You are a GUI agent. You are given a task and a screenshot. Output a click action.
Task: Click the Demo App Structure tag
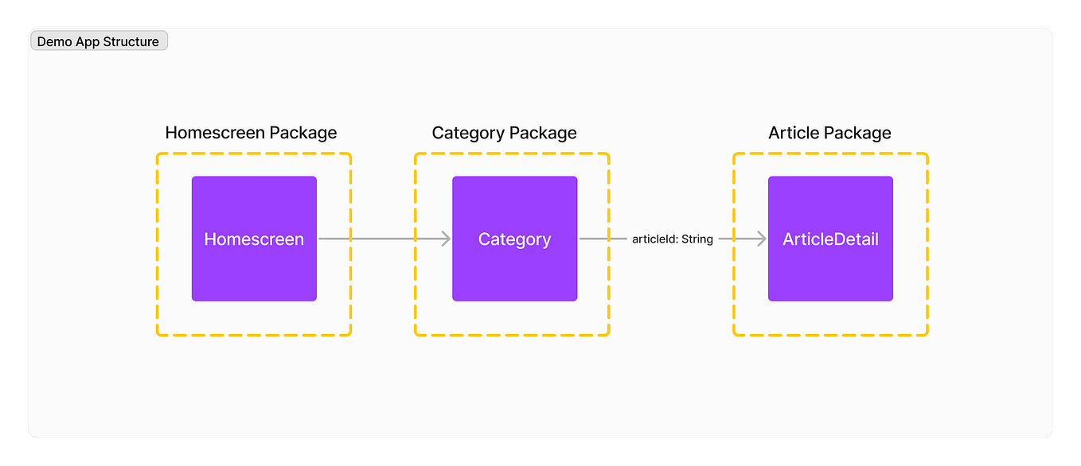(x=99, y=41)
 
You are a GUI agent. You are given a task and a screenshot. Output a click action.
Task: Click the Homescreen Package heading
(x=251, y=133)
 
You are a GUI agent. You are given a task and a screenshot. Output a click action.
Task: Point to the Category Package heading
(x=504, y=133)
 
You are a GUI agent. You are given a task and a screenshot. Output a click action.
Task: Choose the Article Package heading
(x=829, y=133)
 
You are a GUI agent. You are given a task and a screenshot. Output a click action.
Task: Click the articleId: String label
(x=672, y=239)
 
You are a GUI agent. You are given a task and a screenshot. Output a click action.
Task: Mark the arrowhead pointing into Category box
(x=445, y=239)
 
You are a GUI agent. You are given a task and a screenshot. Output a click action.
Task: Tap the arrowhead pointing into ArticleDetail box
(x=760, y=239)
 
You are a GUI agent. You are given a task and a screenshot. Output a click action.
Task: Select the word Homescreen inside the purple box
(x=254, y=239)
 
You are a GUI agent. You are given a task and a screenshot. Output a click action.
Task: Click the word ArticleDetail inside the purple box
(x=830, y=239)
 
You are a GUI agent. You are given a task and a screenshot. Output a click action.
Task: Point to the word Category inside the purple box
(x=514, y=239)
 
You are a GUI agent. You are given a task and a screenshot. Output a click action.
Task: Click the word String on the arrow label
(x=697, y=239)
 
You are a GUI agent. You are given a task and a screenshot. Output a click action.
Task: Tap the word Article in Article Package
(x=793, y=133)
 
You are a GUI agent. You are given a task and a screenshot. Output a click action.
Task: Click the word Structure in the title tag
(x=131, y=41)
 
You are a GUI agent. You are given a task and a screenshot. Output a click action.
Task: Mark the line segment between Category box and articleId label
(x=603, y=239)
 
